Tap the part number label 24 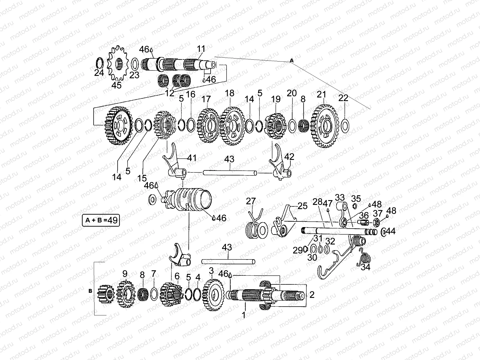tap(99, 73)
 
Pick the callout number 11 tap(201, 49)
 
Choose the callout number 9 tap(125, 274)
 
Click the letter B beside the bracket tap(90, 291)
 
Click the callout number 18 tap(229, 93)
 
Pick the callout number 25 tap(303, 206)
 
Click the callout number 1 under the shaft tap(244, 315)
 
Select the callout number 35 tap(356, 199)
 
